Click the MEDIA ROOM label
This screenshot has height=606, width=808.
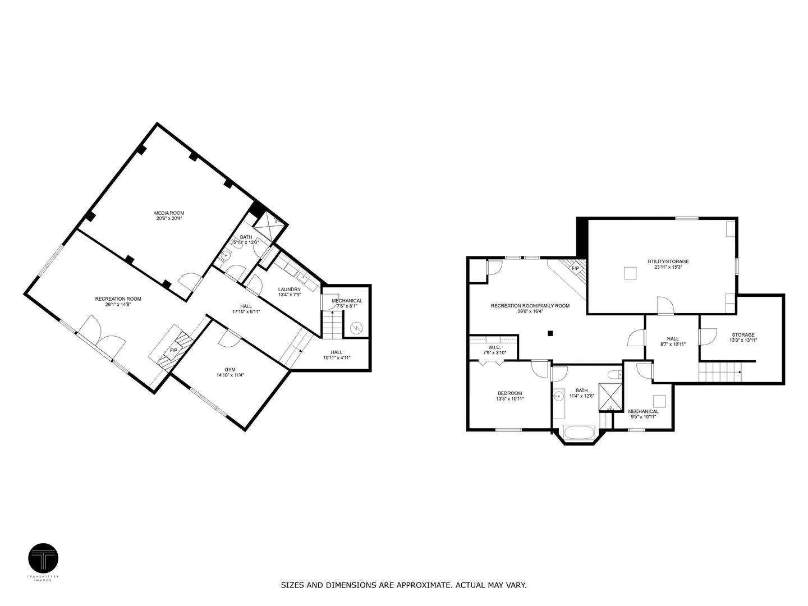(169, 213)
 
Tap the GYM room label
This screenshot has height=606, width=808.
(230, 369)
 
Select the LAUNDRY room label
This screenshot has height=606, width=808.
(290, 290)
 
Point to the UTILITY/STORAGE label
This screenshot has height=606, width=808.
(668, 261)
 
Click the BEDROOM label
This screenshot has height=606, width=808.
(509, 393)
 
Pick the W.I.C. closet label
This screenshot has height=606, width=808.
(494, 347)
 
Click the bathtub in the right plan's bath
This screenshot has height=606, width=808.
(582, 434)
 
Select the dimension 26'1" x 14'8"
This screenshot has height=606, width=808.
(118, 305)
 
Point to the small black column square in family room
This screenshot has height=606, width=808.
(550, 333)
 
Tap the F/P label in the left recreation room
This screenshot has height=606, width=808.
(174, 351)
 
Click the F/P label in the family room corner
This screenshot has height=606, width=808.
(575, 269)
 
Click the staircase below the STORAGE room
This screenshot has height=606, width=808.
(719, 371)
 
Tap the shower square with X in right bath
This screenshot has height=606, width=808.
(610, 397)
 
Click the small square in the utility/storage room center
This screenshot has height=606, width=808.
(630, 273)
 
